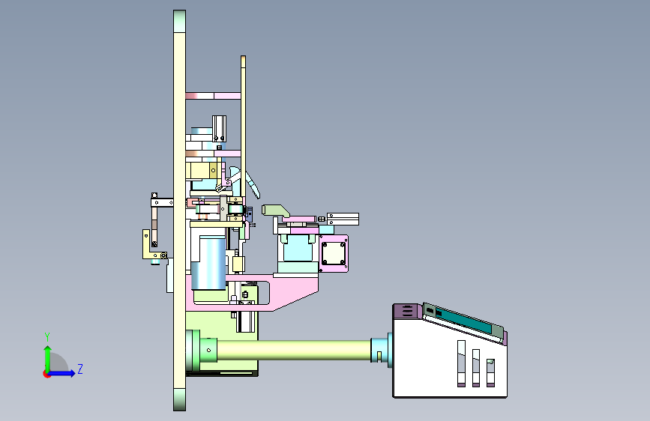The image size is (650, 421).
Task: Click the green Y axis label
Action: pyautogui.click(x=47, y=336)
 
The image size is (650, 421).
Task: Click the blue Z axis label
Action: pyautogui.click(x=80, y=369)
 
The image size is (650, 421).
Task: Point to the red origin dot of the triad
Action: pyautogui.click(x=46, y=374)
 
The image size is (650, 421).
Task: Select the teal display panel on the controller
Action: pyautogui.click(x=464, y=319)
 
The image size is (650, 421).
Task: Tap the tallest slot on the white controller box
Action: pyautogui.click(x=461, y=363)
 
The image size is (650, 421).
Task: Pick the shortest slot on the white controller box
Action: pyautogui.click(x=490, y=373)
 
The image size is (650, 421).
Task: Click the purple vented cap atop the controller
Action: pyautogui.click(x=408, y=311)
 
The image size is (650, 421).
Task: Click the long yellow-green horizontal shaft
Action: pyautogui.click(x=293, y=350)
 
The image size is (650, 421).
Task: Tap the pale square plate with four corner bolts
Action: pyautogui.click(x=334, y=253)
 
